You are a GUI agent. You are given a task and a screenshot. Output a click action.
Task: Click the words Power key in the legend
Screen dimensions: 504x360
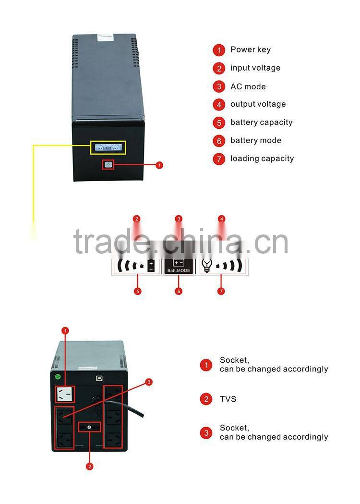(x=250, y=49)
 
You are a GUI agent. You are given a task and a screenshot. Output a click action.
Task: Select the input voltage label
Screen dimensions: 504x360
(x=255, y=68)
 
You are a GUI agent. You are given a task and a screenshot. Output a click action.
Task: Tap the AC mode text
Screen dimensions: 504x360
(x=248, y=86)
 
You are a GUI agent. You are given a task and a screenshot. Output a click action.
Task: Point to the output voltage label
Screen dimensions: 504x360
(x=258, y=104)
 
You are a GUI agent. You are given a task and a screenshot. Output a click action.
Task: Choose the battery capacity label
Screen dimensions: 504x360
(x=261, y=122)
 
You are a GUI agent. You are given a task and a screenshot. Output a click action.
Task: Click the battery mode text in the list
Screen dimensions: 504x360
(x=255, y=140)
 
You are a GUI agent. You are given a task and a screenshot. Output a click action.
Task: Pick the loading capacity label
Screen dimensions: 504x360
(x=262, y=158)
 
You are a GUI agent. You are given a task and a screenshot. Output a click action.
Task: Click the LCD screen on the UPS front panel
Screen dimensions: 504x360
(x=108, y=148)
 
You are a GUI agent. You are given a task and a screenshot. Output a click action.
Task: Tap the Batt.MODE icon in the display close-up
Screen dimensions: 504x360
(x=179, y=266)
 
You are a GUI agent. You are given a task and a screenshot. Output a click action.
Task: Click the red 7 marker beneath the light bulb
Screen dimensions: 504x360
(x=221, y=291)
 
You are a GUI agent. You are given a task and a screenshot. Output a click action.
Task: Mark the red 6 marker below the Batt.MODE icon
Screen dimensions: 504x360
(x=179, y=291)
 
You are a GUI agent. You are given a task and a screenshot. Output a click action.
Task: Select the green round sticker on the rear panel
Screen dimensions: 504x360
(x=58, y=377)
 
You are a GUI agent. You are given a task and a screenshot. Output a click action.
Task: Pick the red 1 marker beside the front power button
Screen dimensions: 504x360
(x=159, y=165)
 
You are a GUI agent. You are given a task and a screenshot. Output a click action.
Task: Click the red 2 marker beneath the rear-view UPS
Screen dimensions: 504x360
(x=90, y=466)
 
